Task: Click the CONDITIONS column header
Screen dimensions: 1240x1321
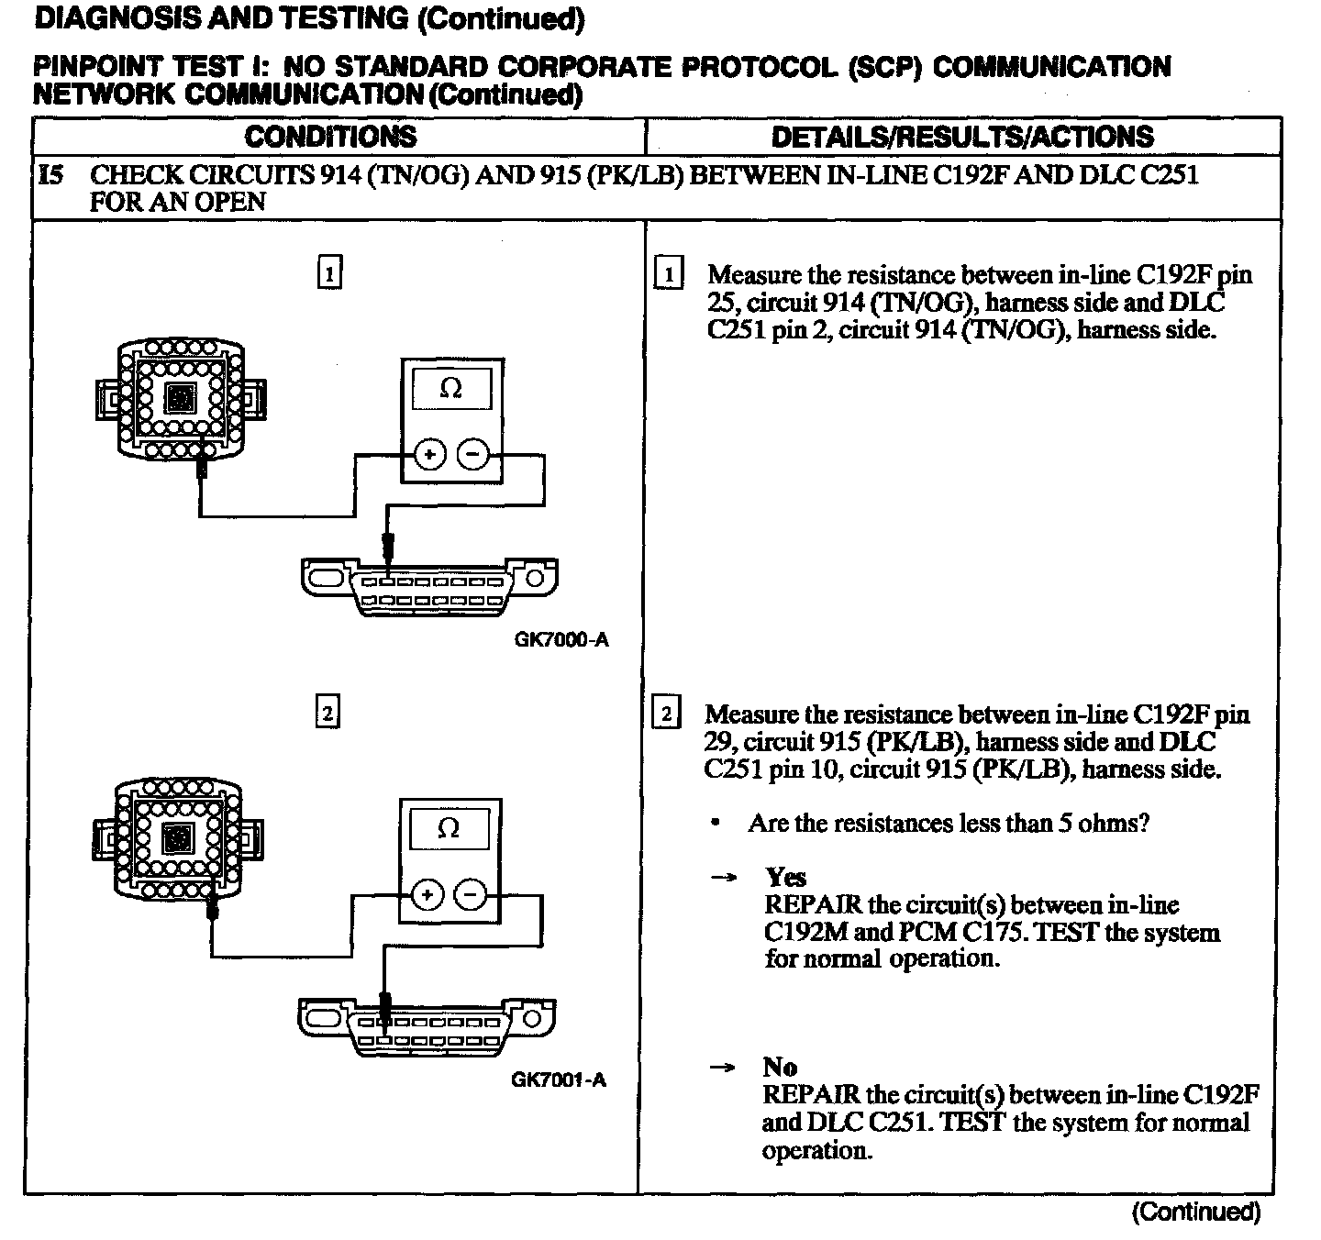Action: pyautogui.click(x=330, y=137)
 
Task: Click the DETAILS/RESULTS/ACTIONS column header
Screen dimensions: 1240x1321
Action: pyautogui.click(x=962, y=137)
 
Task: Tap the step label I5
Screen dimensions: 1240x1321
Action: pyautogui.click(x=52, y=175)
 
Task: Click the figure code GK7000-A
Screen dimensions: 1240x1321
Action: pyautogui.click(x=561, y=640)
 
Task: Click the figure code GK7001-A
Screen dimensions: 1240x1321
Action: pyautogui.click(x=559, y=1079)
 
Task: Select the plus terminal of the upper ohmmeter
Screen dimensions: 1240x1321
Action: pyautogui.click(x=430, y=453)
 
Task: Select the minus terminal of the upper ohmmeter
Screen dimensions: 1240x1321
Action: pyautogui.click(x=472, y=453)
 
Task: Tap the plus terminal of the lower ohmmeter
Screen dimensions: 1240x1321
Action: pyautogui.click(x=427, y=893)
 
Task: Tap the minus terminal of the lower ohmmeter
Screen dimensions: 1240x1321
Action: pyautogui.click(x=470, y=893)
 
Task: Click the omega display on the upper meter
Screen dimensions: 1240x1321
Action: pyautogui.click(x=451, y=390)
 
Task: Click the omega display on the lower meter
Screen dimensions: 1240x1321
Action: pyautogui.click(x=449, y=829)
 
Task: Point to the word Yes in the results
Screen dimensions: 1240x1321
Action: pyautogui.click(x=785, y=877)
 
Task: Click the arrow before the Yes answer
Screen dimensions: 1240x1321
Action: pyautogui.click(x=724, y=878)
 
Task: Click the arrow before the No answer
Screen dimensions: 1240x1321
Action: pyautogui.click(x=722, y=1068)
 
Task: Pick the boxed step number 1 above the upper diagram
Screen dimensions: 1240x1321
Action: pyautogui.click(x=329, y=273)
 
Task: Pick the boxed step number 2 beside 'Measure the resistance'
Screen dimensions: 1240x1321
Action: pyautogui.click(x=665, y=714)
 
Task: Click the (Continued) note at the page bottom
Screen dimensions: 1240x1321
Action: pyautogui.click(x=1196, y=1212)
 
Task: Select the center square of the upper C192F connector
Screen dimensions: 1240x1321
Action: pyautogui.click(x=181, y=397)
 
